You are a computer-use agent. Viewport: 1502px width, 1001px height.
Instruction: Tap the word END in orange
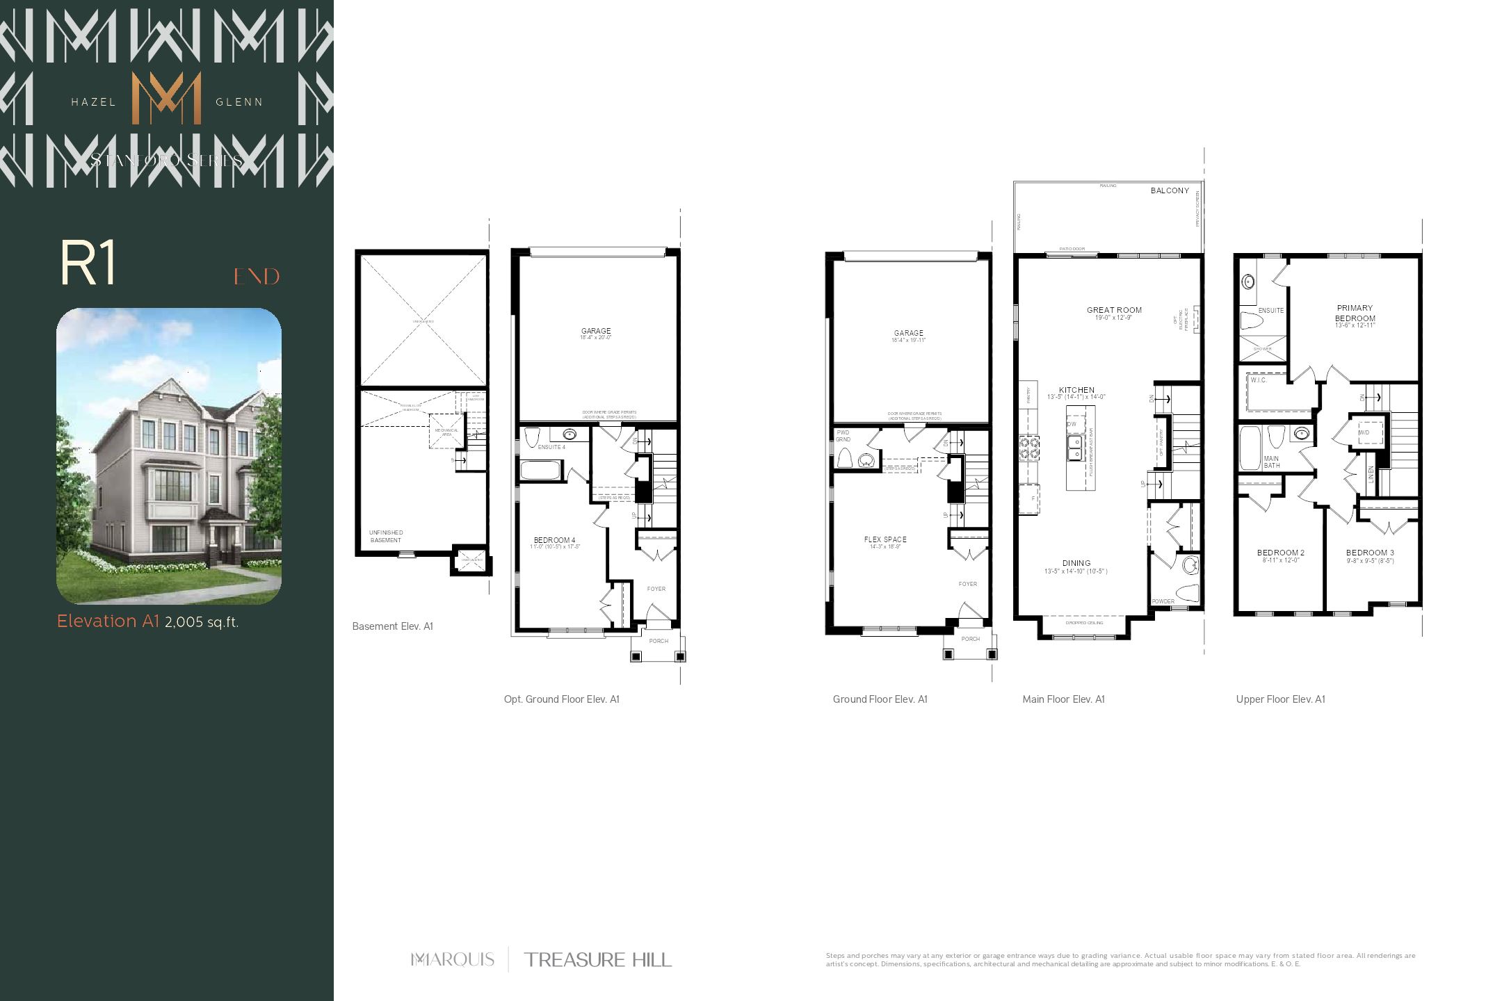[257, 277]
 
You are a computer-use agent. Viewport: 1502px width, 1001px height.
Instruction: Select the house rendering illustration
[169, 456]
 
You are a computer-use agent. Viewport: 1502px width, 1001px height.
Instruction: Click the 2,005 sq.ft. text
[202, 622]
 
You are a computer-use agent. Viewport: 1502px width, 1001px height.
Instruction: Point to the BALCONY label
[1170, 190]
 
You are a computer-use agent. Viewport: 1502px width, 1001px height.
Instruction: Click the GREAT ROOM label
[1114, 310]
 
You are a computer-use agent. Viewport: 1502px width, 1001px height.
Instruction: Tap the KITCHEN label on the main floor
[1076, 390]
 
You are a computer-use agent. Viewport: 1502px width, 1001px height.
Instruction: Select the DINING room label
[1076, 563]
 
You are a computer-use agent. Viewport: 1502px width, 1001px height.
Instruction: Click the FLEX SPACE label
[885, 539]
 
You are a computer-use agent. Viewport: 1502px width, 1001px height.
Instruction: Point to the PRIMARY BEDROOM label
[1355, 314]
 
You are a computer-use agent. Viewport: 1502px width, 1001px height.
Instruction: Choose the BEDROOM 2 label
[1281, 553]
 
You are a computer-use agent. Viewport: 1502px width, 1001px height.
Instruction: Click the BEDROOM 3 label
[1370, 553]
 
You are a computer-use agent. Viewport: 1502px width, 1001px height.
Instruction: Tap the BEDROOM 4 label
[554, 540]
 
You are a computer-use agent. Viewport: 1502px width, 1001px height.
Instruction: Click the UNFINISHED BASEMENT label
[386, 537]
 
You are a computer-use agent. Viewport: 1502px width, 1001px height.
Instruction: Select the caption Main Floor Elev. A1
[1063, 699]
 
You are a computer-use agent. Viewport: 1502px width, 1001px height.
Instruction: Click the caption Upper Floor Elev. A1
[1280, 699]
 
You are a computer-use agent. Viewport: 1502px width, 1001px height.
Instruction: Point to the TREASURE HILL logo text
[598, 960]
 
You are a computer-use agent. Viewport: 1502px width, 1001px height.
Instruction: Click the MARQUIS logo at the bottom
[453, 960]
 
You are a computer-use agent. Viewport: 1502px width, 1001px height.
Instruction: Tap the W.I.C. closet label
[1259, 380]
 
